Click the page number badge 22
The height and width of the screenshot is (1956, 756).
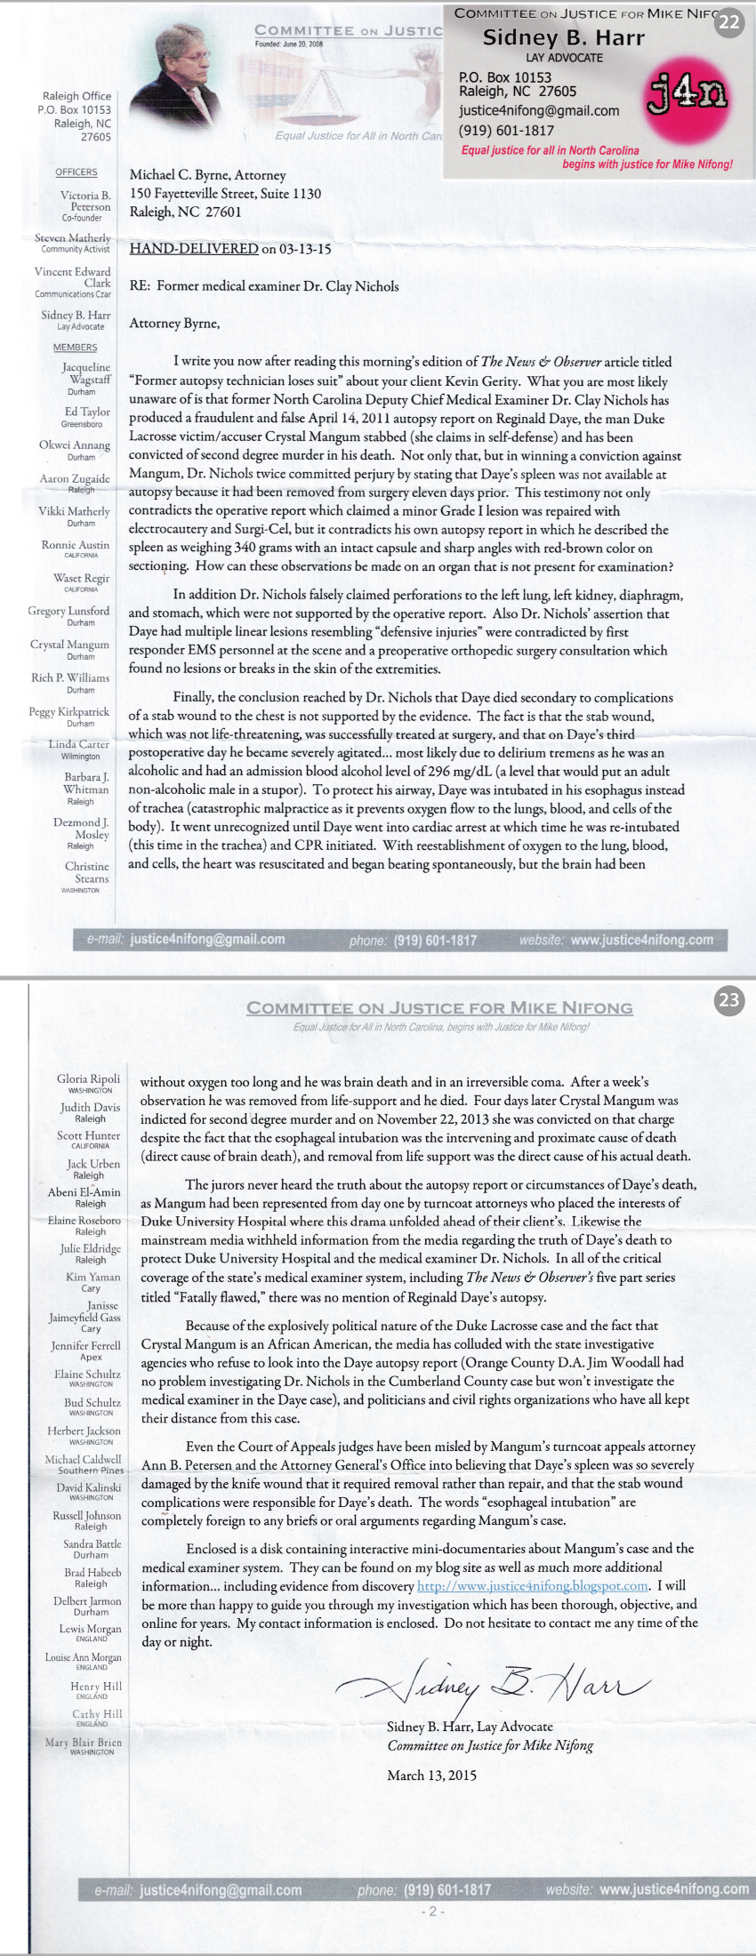(x=728, y=22)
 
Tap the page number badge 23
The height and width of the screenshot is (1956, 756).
(x=728, y=1000)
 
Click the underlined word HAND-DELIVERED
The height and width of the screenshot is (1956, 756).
(x=194, y=249)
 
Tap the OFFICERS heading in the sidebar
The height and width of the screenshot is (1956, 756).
(x=76, y=172)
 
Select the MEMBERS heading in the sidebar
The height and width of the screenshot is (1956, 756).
(x=76, y=348)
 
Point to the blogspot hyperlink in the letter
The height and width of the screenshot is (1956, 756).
(x=533, y=1586)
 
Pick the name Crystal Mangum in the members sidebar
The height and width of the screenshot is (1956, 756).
(x=70, y=645)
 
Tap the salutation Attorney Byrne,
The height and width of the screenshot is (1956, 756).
(x=174, y=324)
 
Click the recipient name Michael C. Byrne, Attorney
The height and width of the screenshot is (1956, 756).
(x=208, y=175)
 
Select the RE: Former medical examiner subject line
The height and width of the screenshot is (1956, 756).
(x=264, y=286)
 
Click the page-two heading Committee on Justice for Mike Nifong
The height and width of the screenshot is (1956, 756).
(x=439, y=1007)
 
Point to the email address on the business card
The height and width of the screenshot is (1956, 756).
(x=539, y=110)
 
